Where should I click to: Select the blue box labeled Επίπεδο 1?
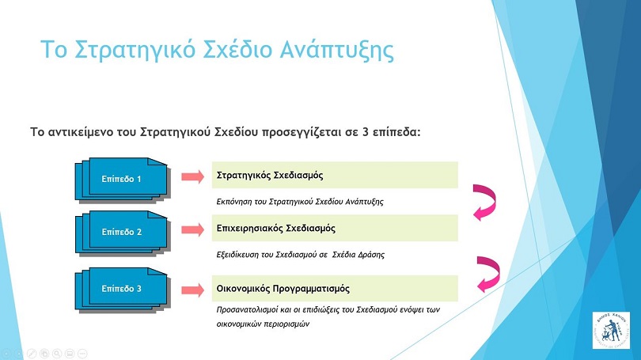pyautogui.click(x=122, y=180)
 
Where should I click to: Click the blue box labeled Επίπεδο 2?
pyautogui.click(x=122, y=233)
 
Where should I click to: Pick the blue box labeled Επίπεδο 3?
pyautogui.click(x=122, y=290)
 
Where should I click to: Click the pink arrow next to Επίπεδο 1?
pyautogui.click(x=192, y=176)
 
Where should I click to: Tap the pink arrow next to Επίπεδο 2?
pyautogui.click(x=192, y=229)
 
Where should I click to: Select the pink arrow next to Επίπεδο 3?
pyautogui.click(x=192, y=290)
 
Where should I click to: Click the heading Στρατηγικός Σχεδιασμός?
pyautogui.click(x=270, y=176)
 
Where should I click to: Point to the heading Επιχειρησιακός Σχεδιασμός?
pyautogui.click(x=276, y=229)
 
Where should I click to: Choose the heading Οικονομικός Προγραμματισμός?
pyautogui.click(x=283, y=289)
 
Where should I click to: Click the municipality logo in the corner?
pyautogui.click(x=611, y=330)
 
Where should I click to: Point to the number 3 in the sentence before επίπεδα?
pyautogui.click(x=366, y=132)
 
